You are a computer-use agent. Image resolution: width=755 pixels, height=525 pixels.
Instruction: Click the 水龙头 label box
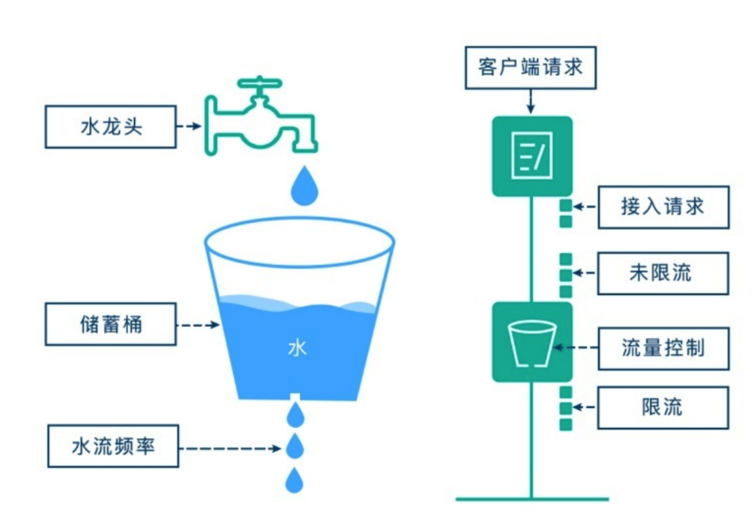coord(111,127)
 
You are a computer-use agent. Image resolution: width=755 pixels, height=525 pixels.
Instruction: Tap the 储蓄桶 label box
coord(111,324)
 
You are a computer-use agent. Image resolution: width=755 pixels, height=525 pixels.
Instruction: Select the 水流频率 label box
coord(113,446)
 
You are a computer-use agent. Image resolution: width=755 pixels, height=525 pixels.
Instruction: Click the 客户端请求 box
coord(530,67)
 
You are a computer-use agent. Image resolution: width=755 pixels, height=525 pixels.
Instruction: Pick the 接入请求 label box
coord(663,207)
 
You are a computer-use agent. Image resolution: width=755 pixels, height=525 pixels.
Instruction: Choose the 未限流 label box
coord(662,273)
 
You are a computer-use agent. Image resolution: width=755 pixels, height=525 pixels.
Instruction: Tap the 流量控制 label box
coord(663,349)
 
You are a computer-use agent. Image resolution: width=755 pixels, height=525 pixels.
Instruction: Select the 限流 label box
coord(662,408)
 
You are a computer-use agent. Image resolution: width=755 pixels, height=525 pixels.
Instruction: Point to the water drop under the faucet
coord(304,186)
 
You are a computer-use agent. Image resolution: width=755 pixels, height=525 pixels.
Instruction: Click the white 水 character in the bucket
coord(297,348)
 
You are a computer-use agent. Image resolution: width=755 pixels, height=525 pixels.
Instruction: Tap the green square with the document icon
coord(532,156)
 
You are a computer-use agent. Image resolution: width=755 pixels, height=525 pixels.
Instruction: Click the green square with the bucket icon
coord(532,342)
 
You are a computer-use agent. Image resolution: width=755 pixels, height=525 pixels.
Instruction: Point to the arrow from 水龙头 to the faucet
coord(189,126)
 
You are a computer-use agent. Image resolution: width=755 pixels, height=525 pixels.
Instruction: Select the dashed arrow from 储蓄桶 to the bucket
coord(198,325)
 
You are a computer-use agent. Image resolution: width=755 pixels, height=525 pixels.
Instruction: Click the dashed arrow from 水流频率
coord(230,448)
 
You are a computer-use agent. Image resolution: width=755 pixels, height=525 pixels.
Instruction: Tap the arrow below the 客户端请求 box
coord(531,102)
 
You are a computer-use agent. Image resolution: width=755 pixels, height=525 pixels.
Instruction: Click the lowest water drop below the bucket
coord(294,480)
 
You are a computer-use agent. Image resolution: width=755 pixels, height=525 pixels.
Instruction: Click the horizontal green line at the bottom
coord(532,499)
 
